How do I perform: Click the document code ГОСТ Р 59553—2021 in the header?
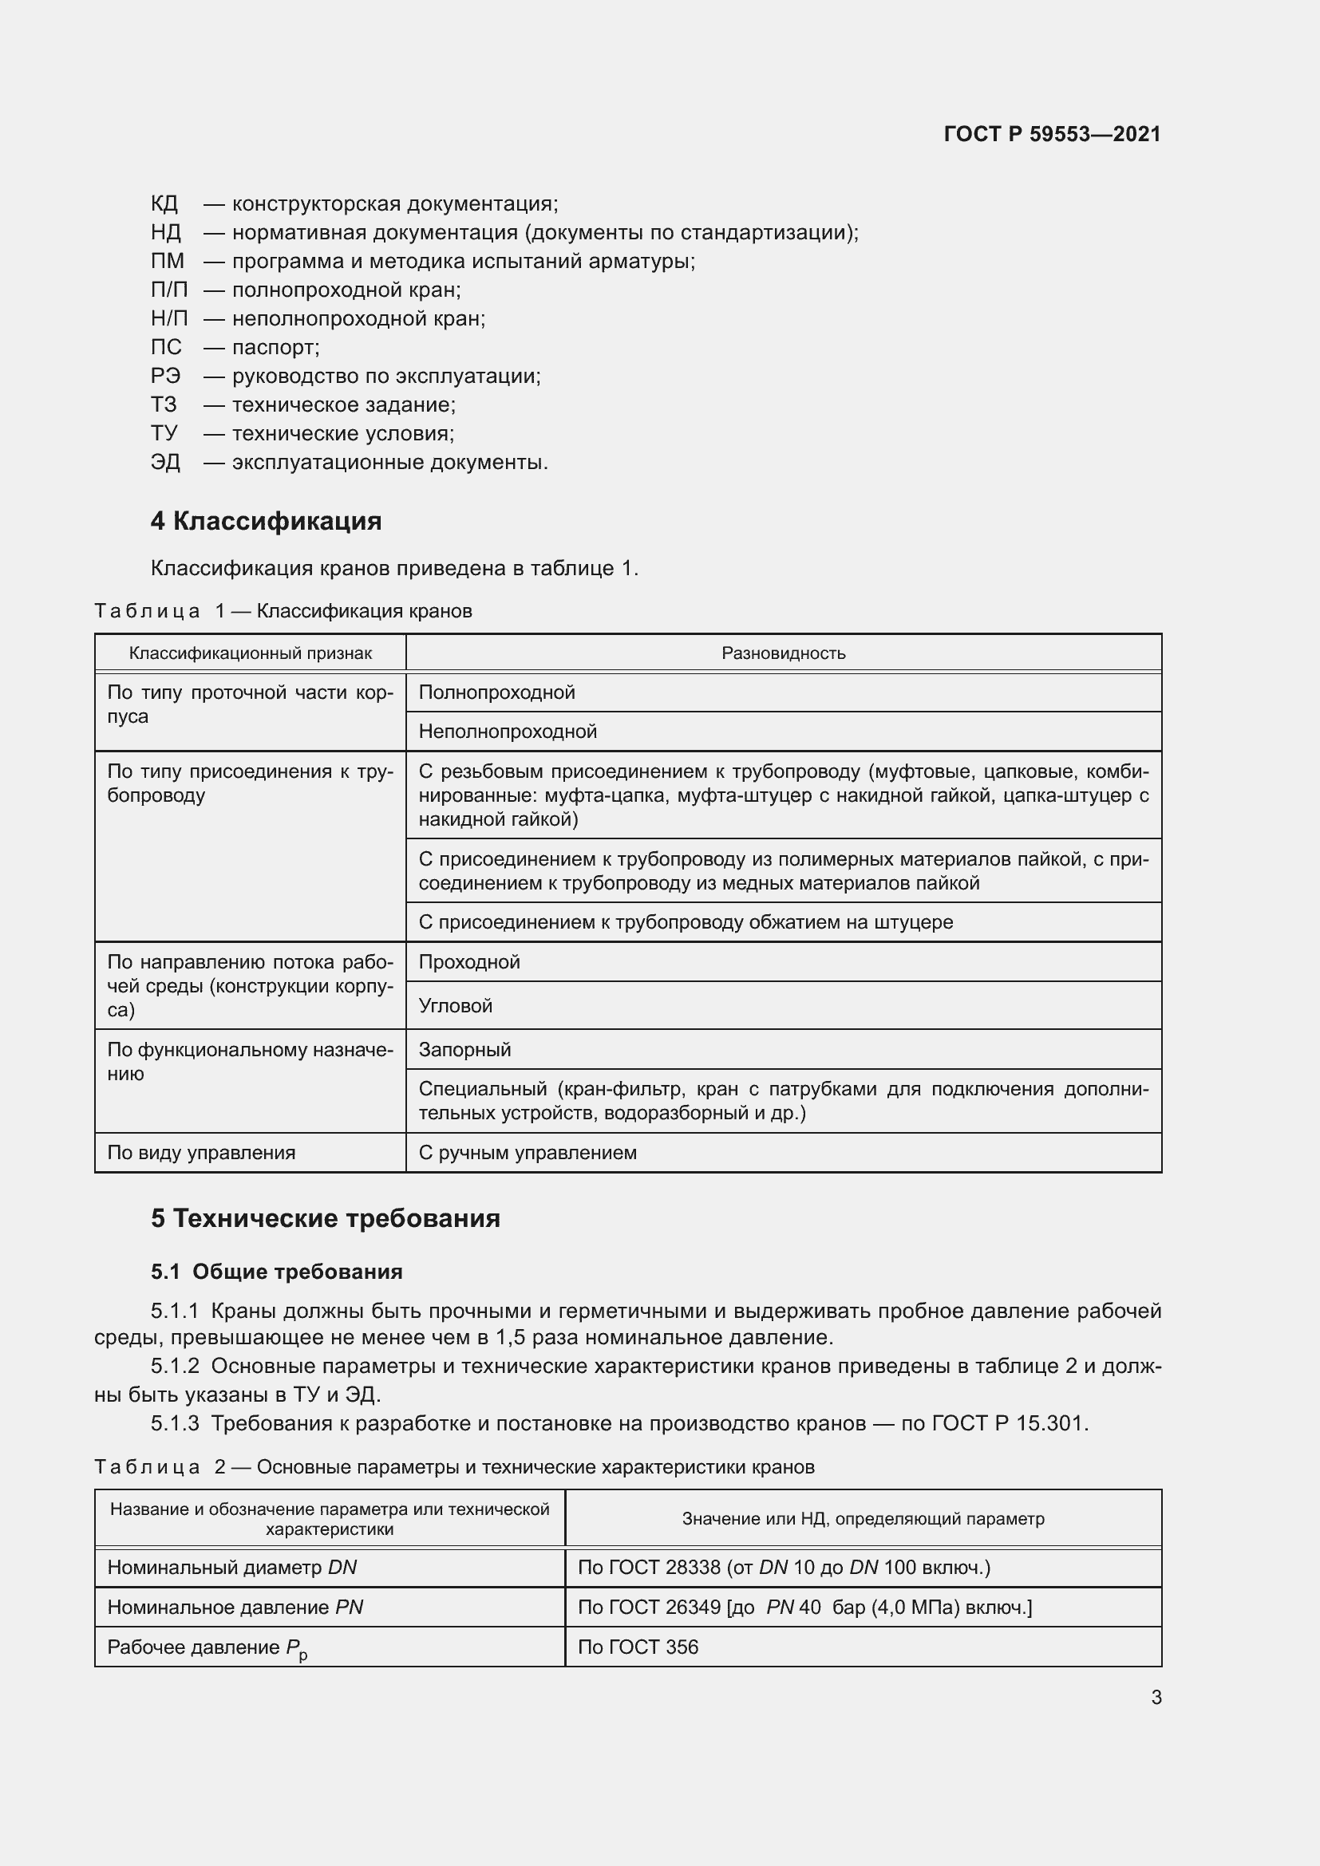point(1052,134)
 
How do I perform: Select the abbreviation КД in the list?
point(164,204)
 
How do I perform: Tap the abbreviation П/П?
point(169,290)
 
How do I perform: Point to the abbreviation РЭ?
point(166,377)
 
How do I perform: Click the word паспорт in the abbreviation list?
point(275,348)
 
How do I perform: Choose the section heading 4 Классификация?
point(266,521)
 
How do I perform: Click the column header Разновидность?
point(784,653)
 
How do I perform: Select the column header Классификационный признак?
point(251,653)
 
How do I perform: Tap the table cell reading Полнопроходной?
point(496,692)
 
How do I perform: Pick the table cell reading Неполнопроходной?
point(508,732)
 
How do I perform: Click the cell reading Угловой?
point(455,1006)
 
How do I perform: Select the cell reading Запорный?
point(465,1050)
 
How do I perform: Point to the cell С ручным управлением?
point(528,1154)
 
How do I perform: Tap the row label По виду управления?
point(202,1154)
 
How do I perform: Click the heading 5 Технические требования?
point(325,1219)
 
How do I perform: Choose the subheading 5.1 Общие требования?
point(276,1272)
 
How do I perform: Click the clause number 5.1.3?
point(175,1423)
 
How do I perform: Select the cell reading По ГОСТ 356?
point(638,1647)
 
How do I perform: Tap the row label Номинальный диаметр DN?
point(231,1568)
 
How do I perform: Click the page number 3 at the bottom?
point(1156,1697)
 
